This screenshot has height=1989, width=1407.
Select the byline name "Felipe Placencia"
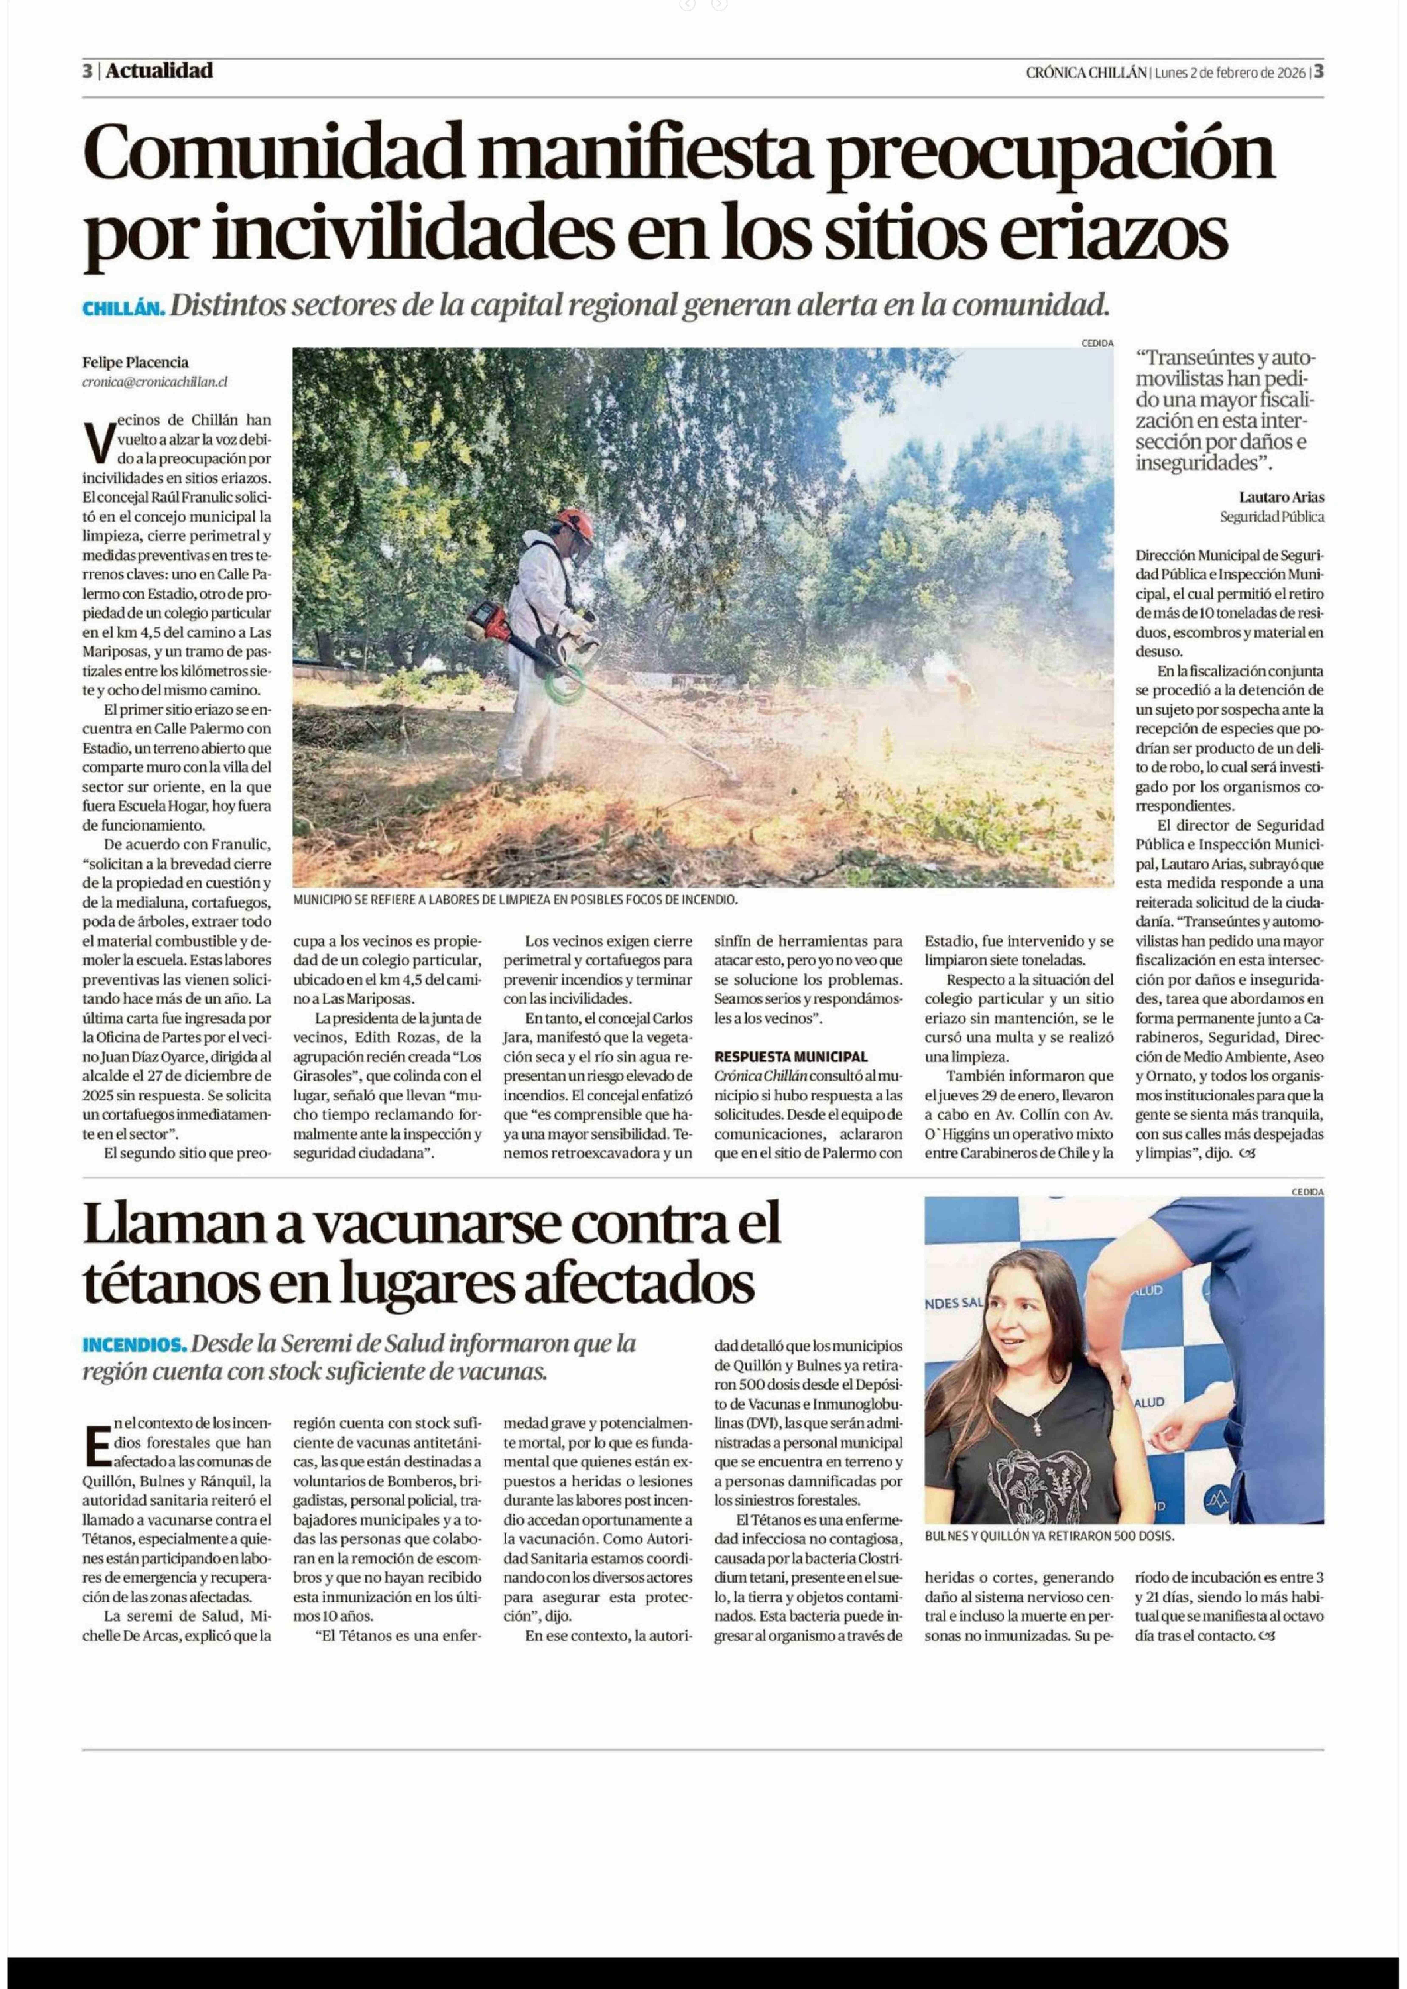(135, 362)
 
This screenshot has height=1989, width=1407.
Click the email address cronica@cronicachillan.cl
(155, 381)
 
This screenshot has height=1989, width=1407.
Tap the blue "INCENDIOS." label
(134, 1344)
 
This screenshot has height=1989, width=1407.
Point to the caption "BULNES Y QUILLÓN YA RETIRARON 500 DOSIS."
(1048, 1535)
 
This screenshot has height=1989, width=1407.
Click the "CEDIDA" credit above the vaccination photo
(1306, 1191)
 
